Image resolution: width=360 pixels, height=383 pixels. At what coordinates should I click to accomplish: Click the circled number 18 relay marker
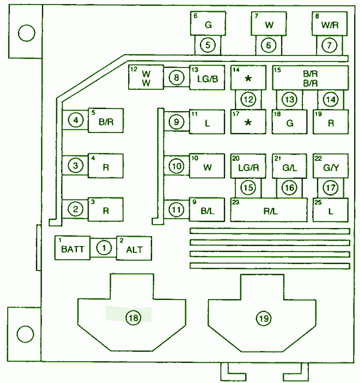tap(134, 318)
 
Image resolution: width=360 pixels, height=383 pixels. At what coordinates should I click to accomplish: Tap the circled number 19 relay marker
tap(264, 319)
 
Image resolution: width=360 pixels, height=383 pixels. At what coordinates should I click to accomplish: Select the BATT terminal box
tap(72, 247)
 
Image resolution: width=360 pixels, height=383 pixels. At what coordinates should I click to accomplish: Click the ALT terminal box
tap(134, 248)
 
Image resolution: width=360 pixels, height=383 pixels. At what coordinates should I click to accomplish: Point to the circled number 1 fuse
tap(104, 248)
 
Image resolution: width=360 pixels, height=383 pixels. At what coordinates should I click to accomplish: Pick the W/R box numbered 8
tap(329, 23)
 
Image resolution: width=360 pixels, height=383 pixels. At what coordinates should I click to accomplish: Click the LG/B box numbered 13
tap(207, 78)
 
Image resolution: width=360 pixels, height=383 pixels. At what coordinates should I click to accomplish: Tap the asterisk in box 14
tap(248, 78)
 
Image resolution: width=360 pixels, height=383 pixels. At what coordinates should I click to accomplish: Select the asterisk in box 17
tap(248, 122)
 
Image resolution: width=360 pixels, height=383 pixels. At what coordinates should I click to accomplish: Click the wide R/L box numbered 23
tap(269, 210)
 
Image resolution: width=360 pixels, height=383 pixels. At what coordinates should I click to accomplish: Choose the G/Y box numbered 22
tap(331, 166)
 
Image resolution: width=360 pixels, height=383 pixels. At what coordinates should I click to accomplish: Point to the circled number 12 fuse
tap(248, 100)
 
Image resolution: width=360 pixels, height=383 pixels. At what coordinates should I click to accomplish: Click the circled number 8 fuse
tap(176, 78)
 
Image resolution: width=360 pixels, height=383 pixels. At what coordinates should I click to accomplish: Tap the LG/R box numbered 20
tap(248, 166)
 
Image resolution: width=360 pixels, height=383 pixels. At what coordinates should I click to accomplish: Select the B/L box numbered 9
tap(207, 209)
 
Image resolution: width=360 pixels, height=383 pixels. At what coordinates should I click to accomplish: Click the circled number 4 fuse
tap(76, 120)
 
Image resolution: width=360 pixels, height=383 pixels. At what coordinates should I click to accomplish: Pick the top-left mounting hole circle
tap(27, 33)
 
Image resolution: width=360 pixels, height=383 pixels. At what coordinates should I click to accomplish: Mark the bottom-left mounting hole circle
tap(25, 334)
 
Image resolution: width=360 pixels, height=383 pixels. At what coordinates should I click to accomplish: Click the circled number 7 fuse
tap(329, 45)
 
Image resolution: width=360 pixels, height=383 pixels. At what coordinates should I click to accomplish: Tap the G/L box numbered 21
tap(290, 166)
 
